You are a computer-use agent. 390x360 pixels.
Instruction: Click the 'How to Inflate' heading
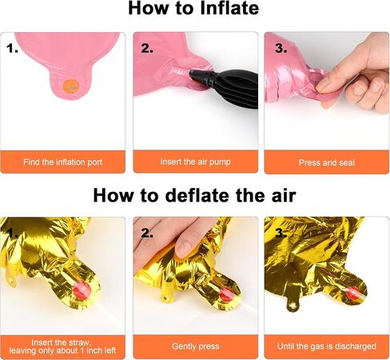pos(193,8)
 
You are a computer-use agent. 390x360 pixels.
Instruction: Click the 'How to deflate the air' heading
pos(195,195)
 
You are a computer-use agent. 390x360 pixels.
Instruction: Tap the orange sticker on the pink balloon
pos(70,86)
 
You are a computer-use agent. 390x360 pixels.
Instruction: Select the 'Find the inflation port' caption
pos(62,162)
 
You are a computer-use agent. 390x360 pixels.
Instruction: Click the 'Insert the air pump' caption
pos(195,162)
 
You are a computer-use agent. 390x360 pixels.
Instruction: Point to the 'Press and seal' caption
pos(327,162)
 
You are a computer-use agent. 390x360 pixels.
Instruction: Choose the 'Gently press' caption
pos(196,346)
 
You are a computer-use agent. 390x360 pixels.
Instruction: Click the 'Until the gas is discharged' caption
pos(327,346)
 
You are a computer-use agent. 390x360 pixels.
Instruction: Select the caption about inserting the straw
pos(62,346)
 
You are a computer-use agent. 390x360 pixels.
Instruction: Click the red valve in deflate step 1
pos(82,290)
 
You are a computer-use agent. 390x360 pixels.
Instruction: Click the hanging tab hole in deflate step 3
pos(293,305)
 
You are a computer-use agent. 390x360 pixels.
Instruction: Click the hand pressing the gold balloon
pos(165,240)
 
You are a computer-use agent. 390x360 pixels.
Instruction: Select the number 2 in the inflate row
pos(147,48)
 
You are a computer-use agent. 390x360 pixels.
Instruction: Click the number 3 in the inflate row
pos(281,48)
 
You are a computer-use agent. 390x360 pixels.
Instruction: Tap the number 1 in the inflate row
pos(12,48)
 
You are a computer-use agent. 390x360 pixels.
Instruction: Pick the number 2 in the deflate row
pos(147,233)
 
